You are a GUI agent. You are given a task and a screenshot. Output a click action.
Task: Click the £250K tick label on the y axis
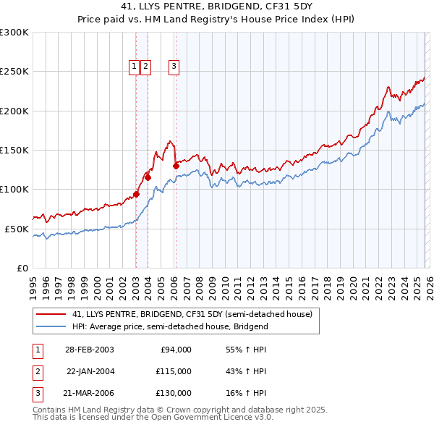pyautogui.click(x=14, y=72)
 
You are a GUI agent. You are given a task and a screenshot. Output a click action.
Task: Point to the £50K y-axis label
pyautogui.click(x=17, y=229)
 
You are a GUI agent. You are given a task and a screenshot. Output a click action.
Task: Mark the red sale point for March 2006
pyautogui.click(x=176, y=166)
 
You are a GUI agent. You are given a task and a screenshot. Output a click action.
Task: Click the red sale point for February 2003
pyautogui.click(x=136, y=194)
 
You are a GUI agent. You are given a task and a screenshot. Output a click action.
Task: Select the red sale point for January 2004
pyautogui.click(x=148, y=177)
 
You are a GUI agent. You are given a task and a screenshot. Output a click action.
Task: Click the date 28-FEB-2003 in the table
pyautogui.click(x=89, y=350)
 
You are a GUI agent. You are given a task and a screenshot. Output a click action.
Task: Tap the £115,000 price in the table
pyautogui.click(x=173, y=371)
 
